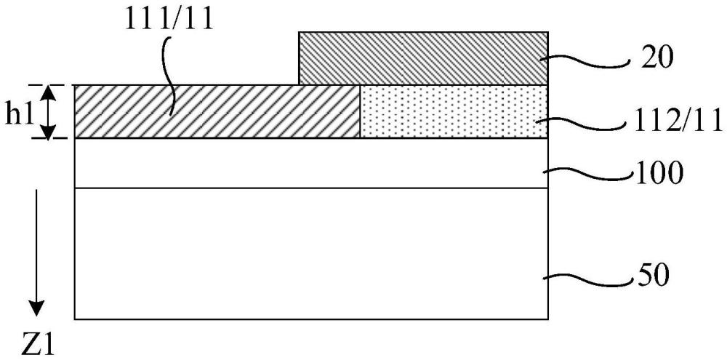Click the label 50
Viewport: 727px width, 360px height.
click(x=654, y=277)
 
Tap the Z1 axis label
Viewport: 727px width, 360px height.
click(x=38, y=347)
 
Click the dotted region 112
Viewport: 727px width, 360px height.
click(x=454, y=111)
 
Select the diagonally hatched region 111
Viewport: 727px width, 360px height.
click(x=217, y=111)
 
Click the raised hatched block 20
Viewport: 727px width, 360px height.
click(x=424, y=58)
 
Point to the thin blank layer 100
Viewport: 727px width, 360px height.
click(x=311, y=163)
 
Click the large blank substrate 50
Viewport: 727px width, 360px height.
click(x=311, y=253)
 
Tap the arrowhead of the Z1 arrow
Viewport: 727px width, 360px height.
click(x=36, y=308)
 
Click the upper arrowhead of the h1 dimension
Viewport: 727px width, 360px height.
click(x=49, y=93)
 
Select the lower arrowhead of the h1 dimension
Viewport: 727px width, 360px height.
click(x=49, y=130)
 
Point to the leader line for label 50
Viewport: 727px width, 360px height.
click(x=589, y=277)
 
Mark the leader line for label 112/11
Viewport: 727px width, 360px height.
click(x=582, y=123)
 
